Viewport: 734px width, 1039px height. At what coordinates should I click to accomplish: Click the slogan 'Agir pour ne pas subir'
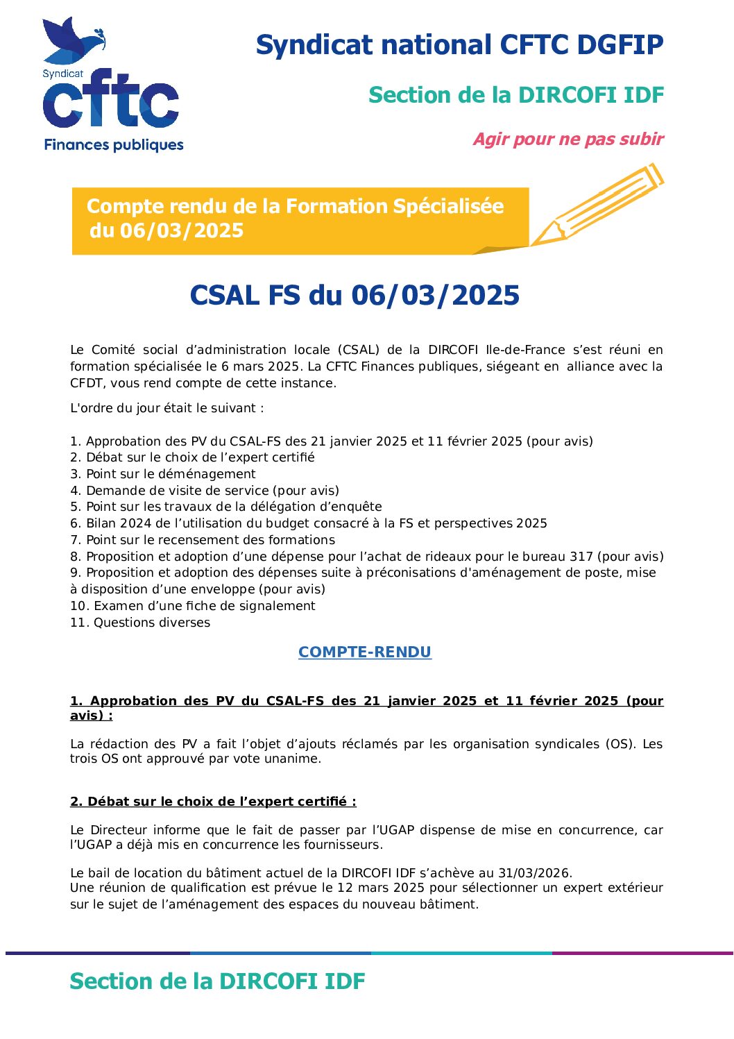click(568, 140)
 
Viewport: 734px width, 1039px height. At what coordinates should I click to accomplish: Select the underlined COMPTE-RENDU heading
click(365, 652)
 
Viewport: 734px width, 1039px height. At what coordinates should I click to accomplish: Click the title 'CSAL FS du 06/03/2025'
click(355, 296)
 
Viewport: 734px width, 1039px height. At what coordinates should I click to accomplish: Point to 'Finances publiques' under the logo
click(114, 145)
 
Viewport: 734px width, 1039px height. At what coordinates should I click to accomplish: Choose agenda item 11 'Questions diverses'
click(140, 623)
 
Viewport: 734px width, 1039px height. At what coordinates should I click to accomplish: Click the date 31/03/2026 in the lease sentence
click(539, 873)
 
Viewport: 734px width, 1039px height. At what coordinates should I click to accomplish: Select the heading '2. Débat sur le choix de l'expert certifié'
click(213, 802)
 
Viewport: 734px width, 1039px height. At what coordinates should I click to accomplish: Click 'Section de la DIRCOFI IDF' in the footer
click(217, 981)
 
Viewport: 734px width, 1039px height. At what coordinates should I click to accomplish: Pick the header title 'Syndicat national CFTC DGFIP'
click(459, 45)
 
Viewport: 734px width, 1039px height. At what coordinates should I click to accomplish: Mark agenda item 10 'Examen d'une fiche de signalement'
click(193, 606)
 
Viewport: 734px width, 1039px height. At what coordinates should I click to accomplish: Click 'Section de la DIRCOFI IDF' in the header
click(516, 95)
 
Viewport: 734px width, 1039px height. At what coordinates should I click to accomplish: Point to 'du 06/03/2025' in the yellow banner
click(167, 230)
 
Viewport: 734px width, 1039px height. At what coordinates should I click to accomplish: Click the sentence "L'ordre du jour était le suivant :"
click(167, 408)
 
